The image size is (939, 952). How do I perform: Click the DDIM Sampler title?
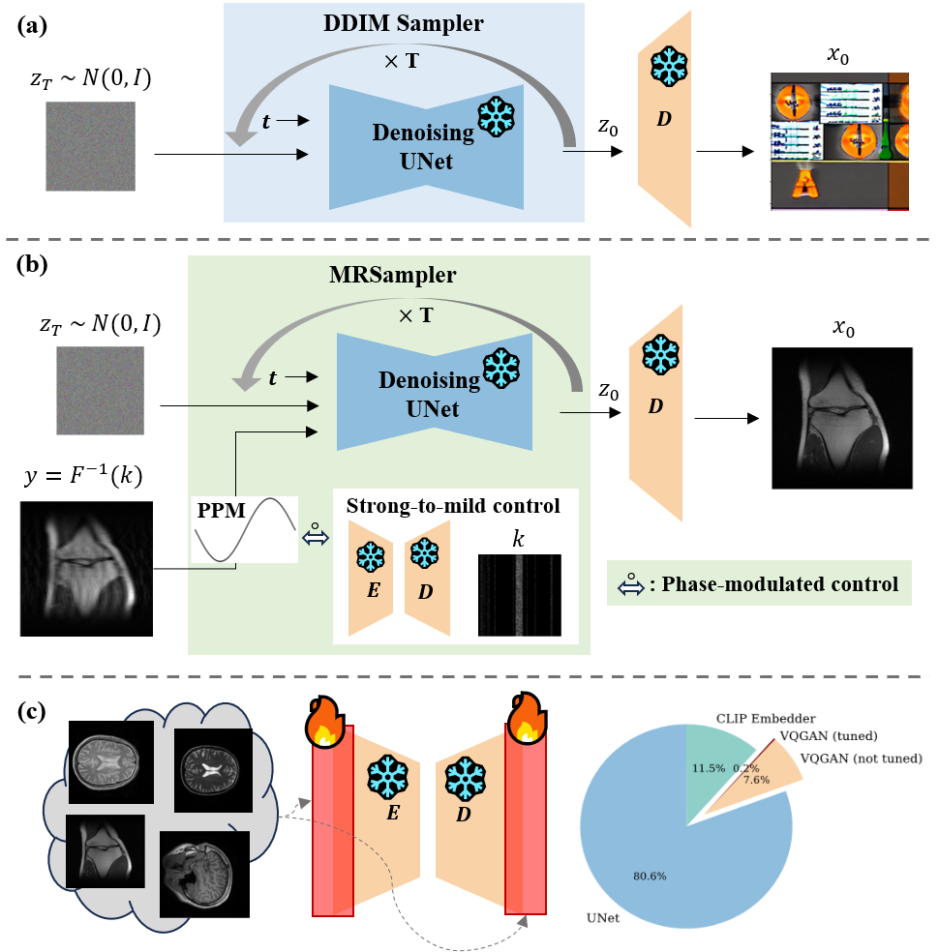405,24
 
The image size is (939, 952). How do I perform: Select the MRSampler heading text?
392,275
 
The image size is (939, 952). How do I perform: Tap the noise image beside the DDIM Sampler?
90,146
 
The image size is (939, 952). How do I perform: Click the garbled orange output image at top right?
839,141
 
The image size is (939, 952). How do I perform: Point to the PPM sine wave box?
244,528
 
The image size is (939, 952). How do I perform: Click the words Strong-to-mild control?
453,505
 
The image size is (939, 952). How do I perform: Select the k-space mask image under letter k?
519,594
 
